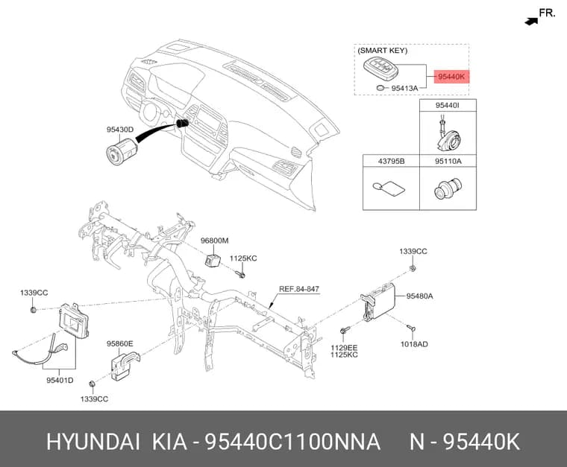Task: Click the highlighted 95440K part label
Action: tap(451, 77)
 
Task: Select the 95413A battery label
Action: tap(404, 88)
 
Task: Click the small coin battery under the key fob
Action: tap(381, 87)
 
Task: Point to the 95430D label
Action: tap(120, 129)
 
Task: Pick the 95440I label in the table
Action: tap(448, 105)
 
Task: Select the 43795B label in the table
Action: tap(391, 161)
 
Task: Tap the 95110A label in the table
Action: tap(448, 161)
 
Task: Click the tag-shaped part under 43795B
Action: tap(389, 188)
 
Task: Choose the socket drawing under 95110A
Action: tap(448, 188)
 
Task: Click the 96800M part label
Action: tap(215, 241)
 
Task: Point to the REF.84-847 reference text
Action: tap(299, 289)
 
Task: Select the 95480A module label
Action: tap(419, 296)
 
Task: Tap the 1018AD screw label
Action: tap(414, 344)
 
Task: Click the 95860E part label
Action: tap(119, 343)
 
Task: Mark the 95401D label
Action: tap(60, 380)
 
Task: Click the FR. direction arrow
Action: tap(531, 22)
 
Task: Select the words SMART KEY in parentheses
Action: tap(383, 51)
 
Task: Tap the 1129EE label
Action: tap(344, 348)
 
